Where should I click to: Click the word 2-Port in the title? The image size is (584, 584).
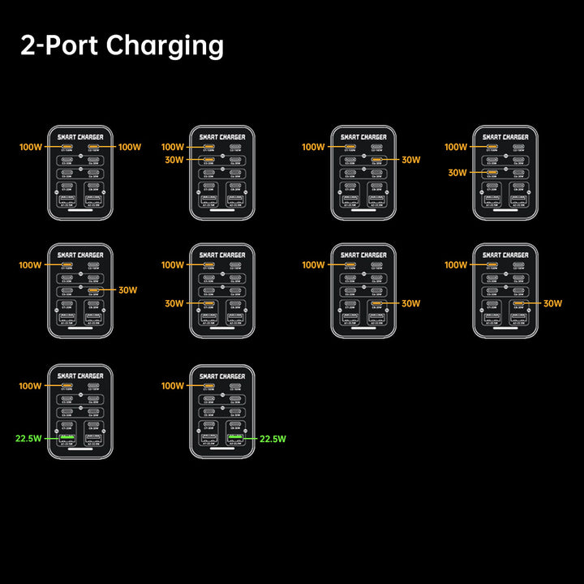tap(58, 45)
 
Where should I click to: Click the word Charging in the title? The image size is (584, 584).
tap(165, 47)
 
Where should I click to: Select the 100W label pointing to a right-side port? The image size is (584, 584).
tap(130, 147)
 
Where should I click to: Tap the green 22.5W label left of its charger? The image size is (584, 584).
tap(28, 439)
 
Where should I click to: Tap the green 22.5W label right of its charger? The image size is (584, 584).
tap(273, 439)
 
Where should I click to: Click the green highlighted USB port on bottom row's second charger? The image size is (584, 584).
tap(236, 439)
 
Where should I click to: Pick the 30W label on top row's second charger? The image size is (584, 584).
tap(174, 160)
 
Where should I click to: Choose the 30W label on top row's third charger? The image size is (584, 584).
tap(410, 160)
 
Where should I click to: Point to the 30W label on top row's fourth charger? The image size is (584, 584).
tap(457, 173)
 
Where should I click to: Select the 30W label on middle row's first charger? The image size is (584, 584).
tap(128, 290)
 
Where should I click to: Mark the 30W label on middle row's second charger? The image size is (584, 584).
tap(174, 303)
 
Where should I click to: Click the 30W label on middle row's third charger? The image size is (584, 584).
tap(410, 303)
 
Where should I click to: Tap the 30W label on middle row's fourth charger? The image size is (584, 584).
tap(552, 303)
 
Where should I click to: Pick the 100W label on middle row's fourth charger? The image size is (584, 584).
tap(456, 265)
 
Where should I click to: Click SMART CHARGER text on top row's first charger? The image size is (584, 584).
tap(80, 137)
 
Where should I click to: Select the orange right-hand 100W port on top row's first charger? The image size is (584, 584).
tap(94, 147)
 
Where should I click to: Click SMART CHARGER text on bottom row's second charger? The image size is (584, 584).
tap(222, 376)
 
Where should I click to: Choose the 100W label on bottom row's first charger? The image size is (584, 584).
tap(31, 386)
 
